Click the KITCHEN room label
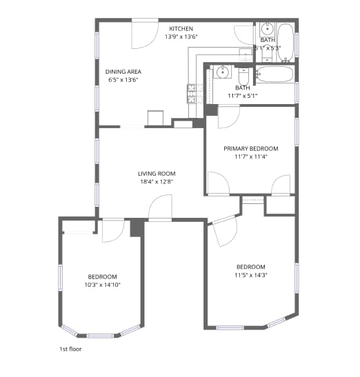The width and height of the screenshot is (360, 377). click(181, 29)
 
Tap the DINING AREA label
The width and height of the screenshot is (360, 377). click(123, 72)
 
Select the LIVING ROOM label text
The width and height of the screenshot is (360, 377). click(157, 174)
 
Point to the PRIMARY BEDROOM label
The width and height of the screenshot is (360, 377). click(250, 149)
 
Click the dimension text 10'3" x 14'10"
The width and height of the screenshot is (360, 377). click(103, 284)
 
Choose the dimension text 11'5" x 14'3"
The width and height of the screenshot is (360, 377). click(251, 275)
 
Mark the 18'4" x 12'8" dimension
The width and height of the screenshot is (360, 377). click(157, 182)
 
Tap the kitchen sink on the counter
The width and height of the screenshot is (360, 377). click(245, 55)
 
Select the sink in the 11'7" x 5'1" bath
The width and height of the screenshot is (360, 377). click(223, 72)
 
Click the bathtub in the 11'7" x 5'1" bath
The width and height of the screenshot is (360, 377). click(276, 74)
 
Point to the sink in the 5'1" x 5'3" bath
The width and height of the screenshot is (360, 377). click(267, 30)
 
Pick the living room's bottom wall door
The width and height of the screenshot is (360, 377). click(160, 208)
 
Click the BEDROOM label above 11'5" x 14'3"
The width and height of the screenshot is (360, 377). click(251, 267)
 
